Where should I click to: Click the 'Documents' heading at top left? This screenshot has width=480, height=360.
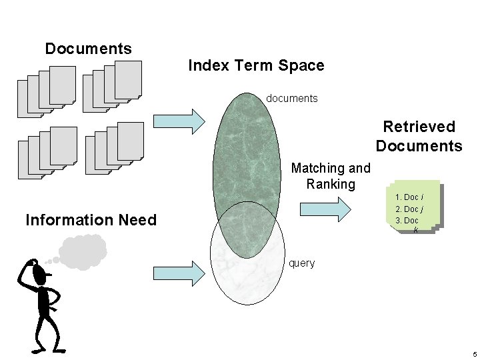(88, 49)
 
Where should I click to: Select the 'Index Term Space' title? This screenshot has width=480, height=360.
(256, 65)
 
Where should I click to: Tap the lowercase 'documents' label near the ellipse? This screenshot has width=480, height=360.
(292, 98)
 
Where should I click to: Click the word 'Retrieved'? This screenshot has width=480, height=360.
(419, 127)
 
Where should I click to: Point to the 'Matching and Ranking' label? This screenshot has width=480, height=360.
(330, 176)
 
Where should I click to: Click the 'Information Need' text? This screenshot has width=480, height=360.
(91, 220)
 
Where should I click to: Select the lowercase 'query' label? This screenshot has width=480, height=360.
(301, 263)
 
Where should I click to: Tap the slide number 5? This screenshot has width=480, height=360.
(473, 353)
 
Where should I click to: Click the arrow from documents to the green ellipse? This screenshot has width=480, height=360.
(180, 121)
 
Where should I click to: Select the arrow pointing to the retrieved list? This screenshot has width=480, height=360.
(325, 209)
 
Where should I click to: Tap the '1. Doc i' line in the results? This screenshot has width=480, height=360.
(409, 197)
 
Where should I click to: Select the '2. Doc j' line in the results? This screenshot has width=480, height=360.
(409, 209)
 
